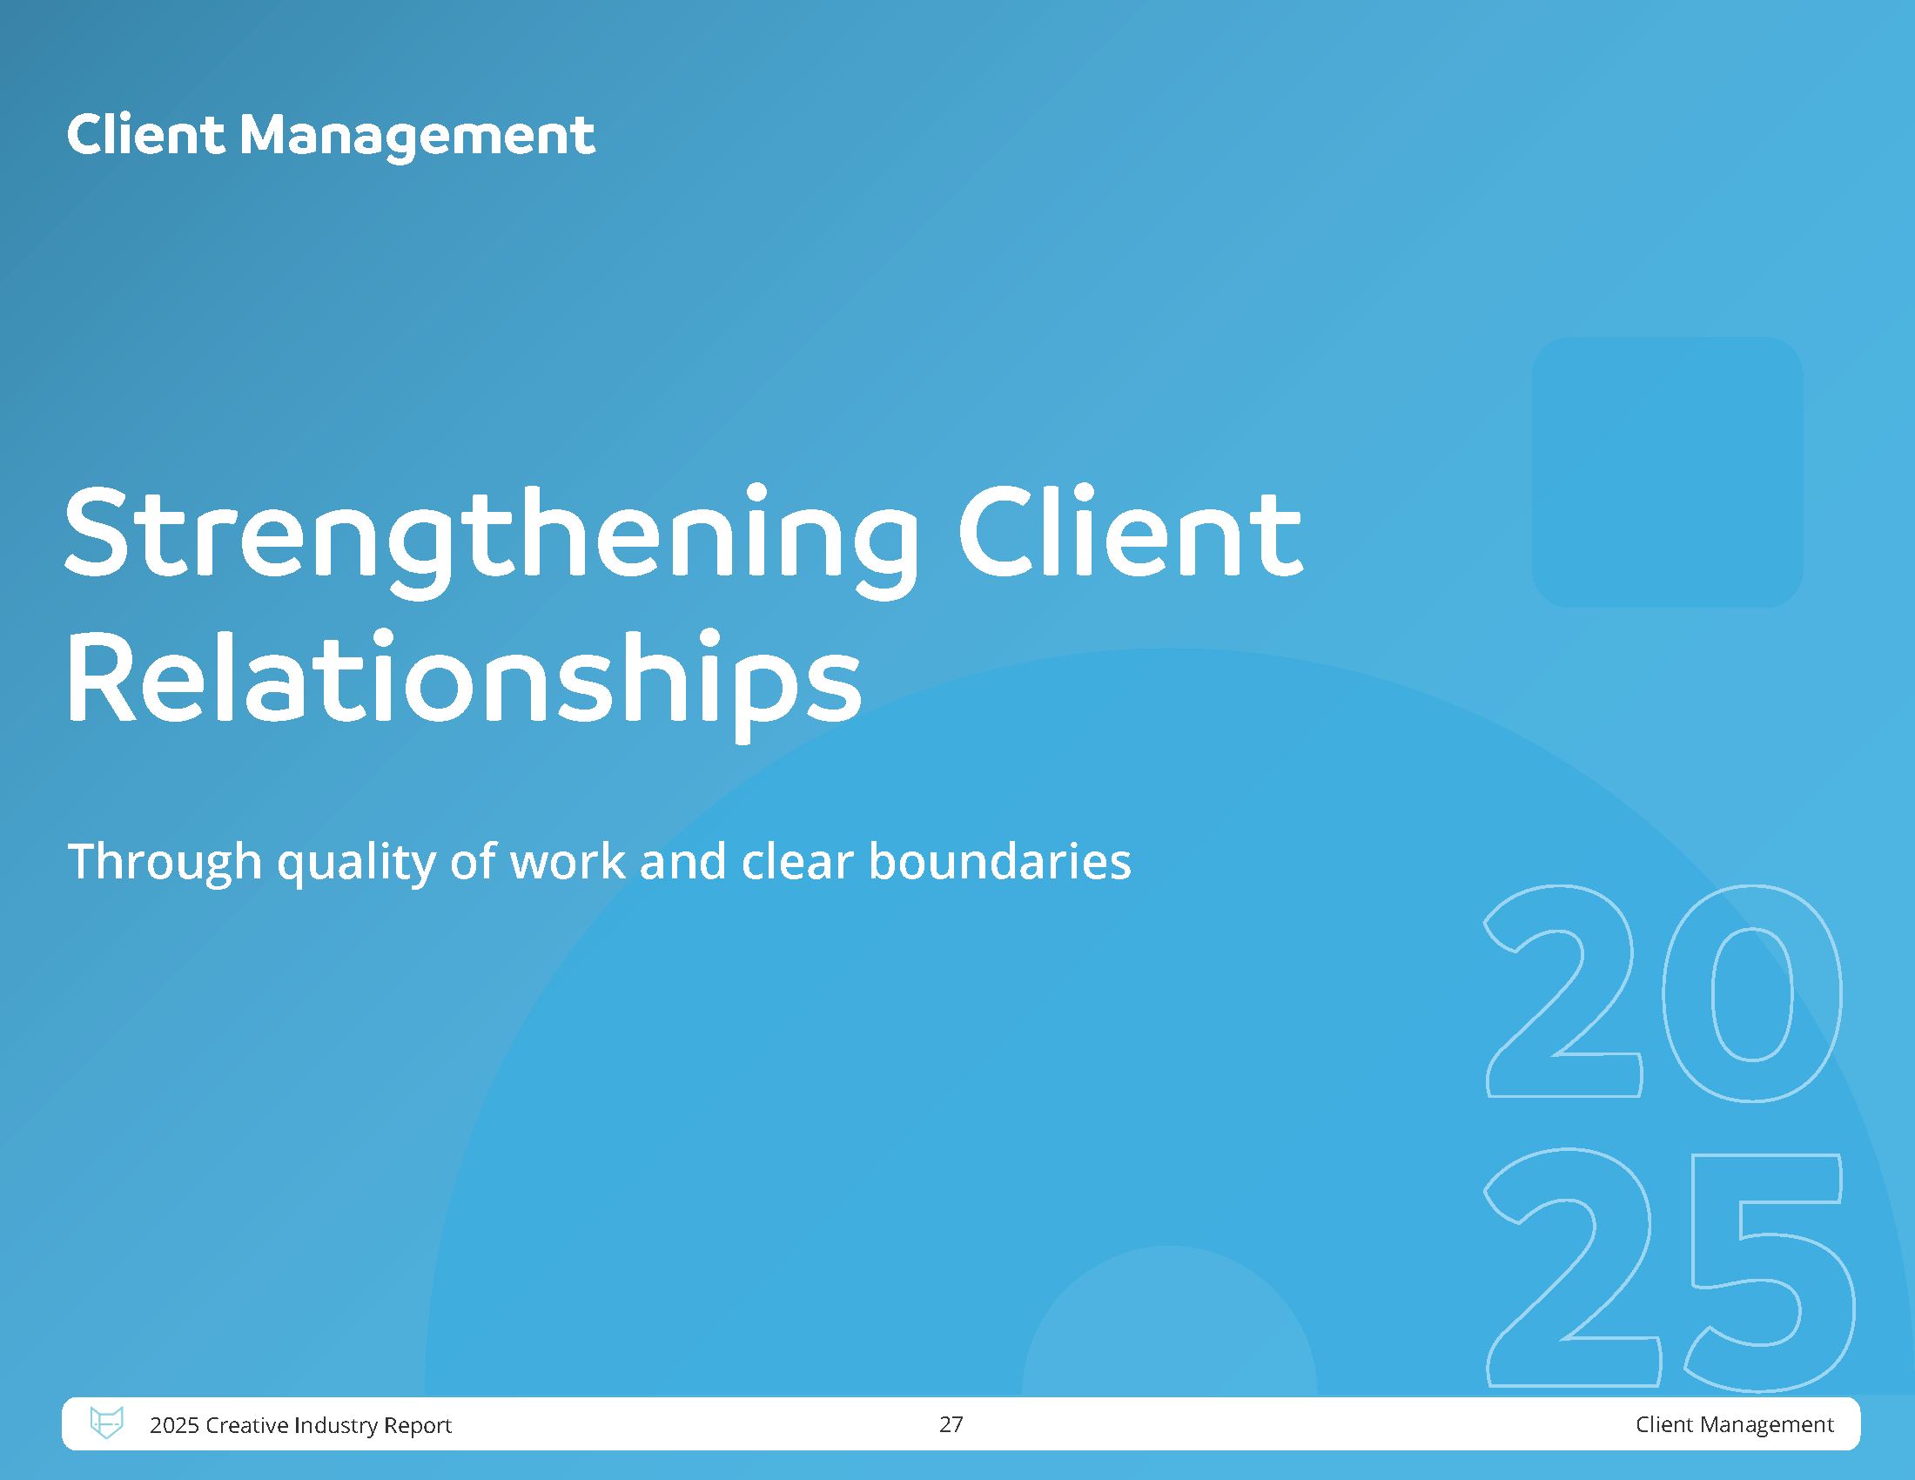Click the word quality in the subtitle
[x=356, y=864]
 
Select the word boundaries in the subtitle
[x=999, y=861]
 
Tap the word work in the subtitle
[x=568, y=861]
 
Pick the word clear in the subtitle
[x=797, y=861]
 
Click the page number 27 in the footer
[x=951, y=1424]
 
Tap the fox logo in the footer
[x=107, y=1423]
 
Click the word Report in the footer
[x=417, y=1426]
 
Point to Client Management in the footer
[x=1734, y=1425]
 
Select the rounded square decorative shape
[x=1668, y=472]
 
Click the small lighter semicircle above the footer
[x=1170, y=1321]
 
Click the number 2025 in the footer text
[x=174, y=1425]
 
